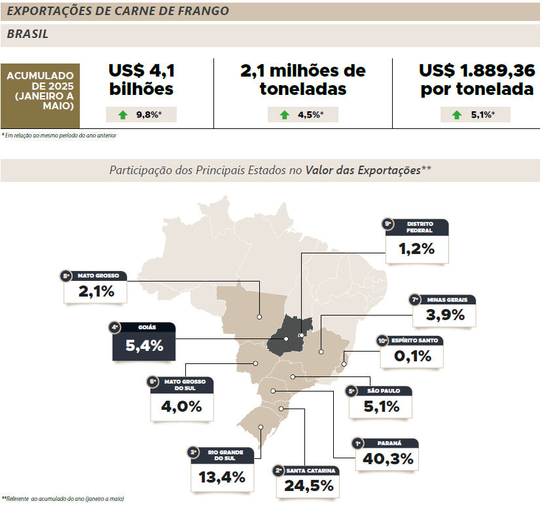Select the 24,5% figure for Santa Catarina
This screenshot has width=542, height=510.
[x=308, y=486]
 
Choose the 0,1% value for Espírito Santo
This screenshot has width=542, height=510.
[x=412, y=356]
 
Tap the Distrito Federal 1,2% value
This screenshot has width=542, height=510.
[x=416, y=249]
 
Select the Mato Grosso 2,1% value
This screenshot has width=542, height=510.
[x=96, y=291]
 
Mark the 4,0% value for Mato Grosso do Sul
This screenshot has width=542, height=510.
[x=181, y=406]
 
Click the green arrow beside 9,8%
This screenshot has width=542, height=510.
[x=122, y=115]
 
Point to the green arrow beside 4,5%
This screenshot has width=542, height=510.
[x=284, y=115]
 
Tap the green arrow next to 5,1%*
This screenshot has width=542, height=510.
[x=457, y=115]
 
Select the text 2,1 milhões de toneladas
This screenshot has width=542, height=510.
[x=302, y=79]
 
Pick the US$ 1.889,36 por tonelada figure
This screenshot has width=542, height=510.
[x=477, y=79]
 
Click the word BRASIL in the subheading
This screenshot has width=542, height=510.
[x=27, y=35]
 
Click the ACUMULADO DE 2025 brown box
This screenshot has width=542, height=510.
[x=41, y=95]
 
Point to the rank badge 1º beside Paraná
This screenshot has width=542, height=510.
[x=358, y=443]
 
